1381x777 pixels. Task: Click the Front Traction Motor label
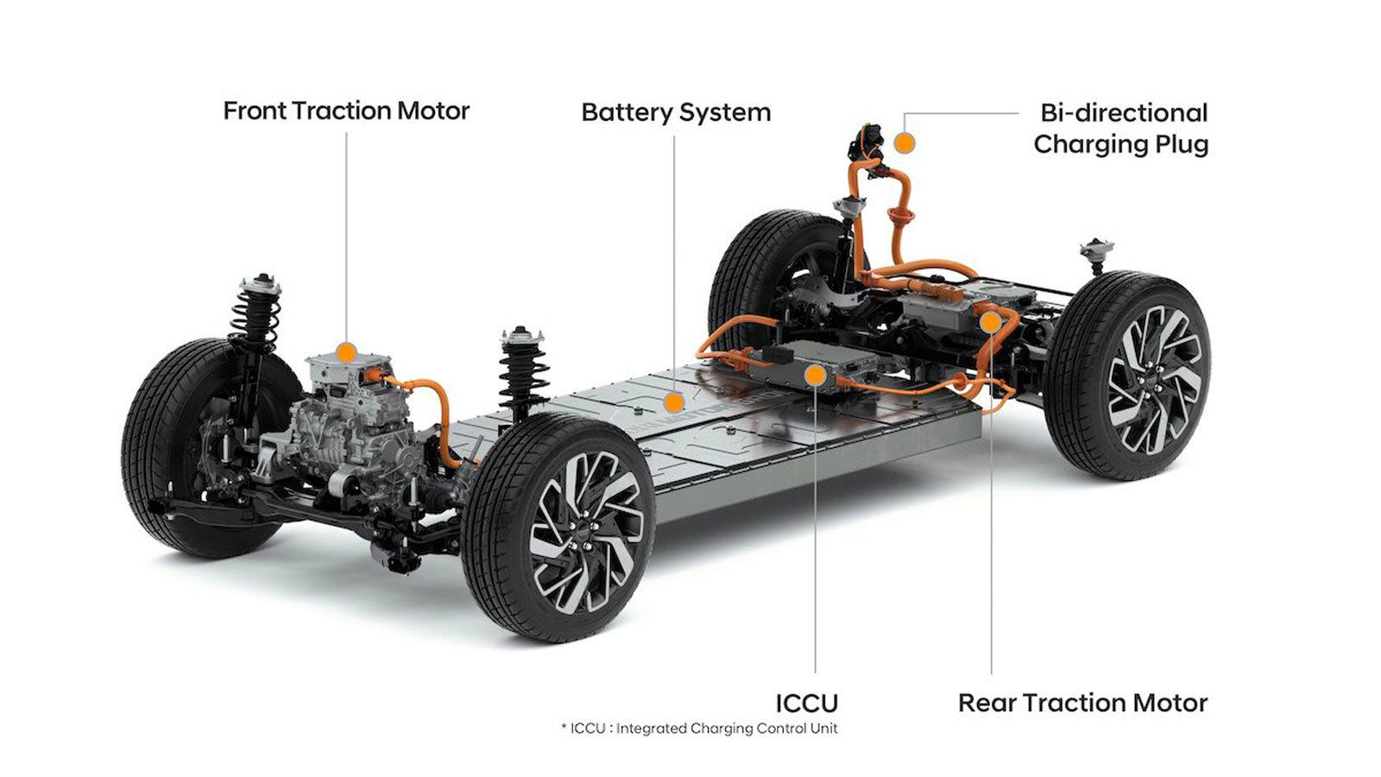346,111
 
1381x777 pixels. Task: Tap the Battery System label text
676,113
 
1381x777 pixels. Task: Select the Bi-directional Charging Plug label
1120,129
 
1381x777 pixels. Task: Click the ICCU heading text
806,703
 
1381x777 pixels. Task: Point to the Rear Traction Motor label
1082,703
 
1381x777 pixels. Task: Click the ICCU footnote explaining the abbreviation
699,729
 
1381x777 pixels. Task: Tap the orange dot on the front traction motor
345,352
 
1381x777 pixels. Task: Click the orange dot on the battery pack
673,401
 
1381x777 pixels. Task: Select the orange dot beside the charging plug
904,142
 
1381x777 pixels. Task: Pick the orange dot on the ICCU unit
814,375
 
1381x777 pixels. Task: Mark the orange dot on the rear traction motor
991,322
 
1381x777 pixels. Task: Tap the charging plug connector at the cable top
864,142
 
